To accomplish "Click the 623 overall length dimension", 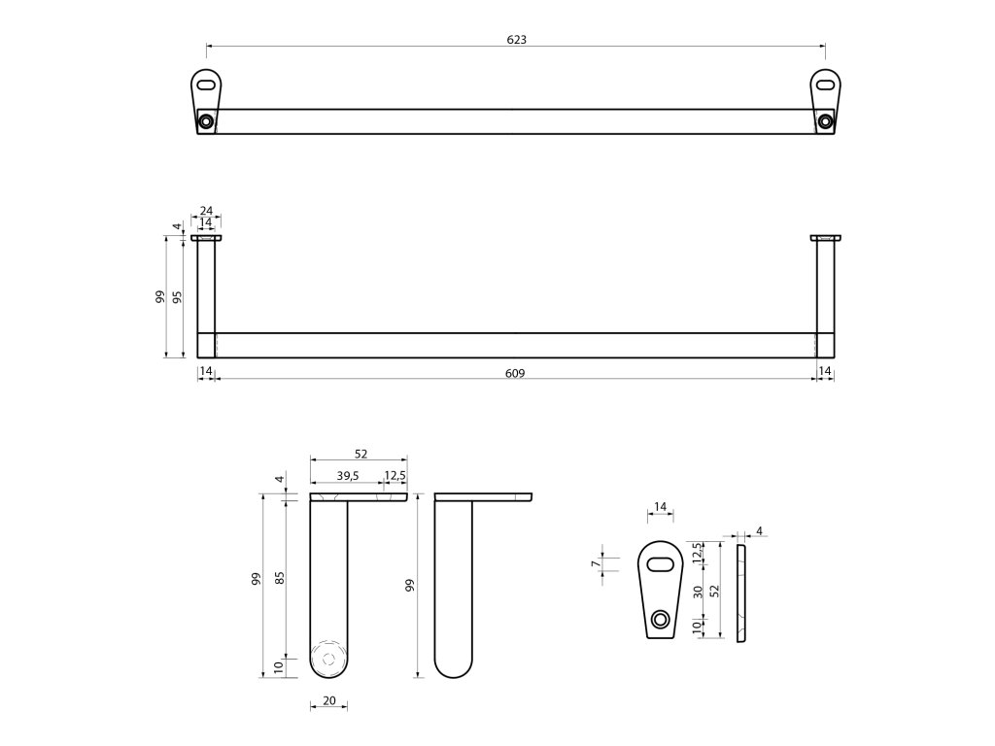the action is point(516,39).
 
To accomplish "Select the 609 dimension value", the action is point(515,372).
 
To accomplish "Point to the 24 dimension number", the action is point(206,211).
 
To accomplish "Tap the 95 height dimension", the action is point(177,297).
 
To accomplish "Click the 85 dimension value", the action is point(279,577).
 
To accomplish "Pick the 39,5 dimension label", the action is point(347,476).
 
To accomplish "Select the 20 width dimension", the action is point(328,700).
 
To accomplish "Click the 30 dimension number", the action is point(697,593).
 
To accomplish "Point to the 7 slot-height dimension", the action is point(594,564).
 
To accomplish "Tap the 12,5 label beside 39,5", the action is point(395,476).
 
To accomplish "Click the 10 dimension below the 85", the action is point(279,666).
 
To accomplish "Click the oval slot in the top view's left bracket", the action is point(206,85).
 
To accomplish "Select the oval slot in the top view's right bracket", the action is point(825,85).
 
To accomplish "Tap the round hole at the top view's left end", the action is point(206,121).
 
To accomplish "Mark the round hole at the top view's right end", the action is point(825,121).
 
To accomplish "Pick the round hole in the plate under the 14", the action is point(661,619).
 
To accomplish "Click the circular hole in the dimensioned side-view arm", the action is point(328,658).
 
